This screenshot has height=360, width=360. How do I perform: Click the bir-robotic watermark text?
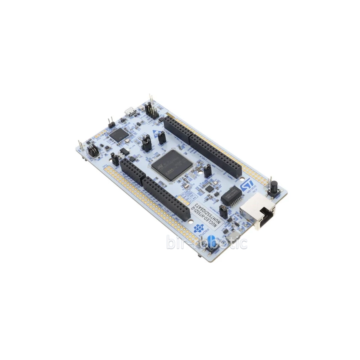(207, 242)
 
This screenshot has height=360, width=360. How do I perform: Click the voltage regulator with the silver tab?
(125, 152)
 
